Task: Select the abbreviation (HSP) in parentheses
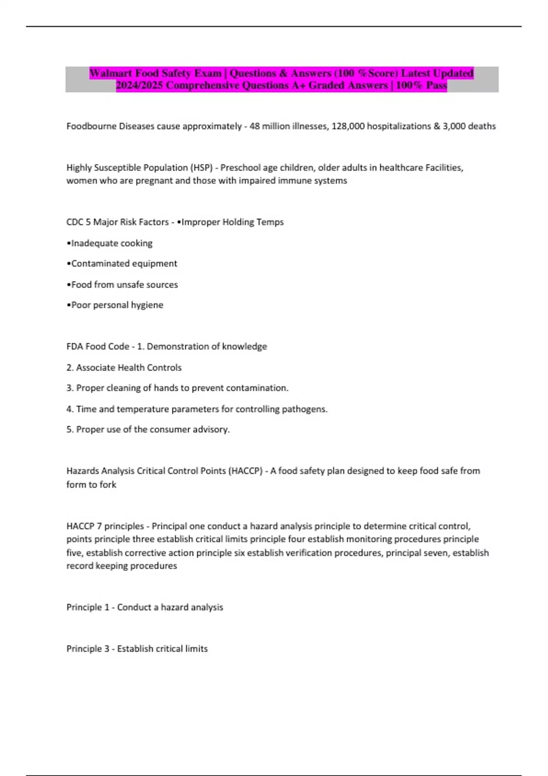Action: (x=201, y=168)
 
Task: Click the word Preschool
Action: (x=241, y=168)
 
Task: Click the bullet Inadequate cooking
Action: (x=110, y=243)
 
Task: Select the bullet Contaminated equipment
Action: (x=122, y=264)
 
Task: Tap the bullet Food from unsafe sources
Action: (x=122, y=285)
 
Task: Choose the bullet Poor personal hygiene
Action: (x=115, y=305)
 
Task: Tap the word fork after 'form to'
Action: (x=108, y=485)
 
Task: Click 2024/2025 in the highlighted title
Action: (x=139, y=85)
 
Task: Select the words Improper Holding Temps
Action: (x=232, y=222)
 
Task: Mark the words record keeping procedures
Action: (x=121, y=566)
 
